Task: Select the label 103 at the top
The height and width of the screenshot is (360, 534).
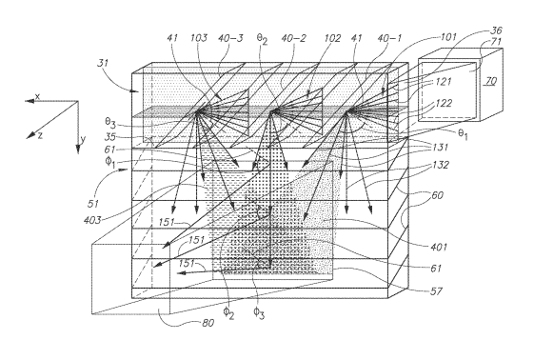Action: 199,37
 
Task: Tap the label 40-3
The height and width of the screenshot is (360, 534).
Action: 230,38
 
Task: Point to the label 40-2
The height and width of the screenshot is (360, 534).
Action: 293,38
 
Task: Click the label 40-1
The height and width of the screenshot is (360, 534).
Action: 389,38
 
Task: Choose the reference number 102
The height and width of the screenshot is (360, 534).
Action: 332,38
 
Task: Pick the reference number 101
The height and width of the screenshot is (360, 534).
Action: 448,36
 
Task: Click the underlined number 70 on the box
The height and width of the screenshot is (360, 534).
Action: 491,81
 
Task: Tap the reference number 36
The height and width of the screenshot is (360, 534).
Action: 496,30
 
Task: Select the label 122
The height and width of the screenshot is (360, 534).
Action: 445,103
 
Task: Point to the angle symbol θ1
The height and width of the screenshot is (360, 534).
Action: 463,134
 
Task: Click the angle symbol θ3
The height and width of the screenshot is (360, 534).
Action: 110,122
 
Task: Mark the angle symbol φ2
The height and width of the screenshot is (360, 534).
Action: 228,312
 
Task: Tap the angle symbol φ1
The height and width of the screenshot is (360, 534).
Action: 109,162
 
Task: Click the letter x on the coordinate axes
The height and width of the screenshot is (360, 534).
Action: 37,97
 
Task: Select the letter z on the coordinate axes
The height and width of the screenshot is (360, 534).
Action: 40,135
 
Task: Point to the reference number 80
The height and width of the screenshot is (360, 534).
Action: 208,323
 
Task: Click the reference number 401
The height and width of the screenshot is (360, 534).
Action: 439,247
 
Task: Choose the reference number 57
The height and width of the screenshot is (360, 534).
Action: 436,290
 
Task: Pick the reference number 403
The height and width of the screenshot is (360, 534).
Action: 92,220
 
